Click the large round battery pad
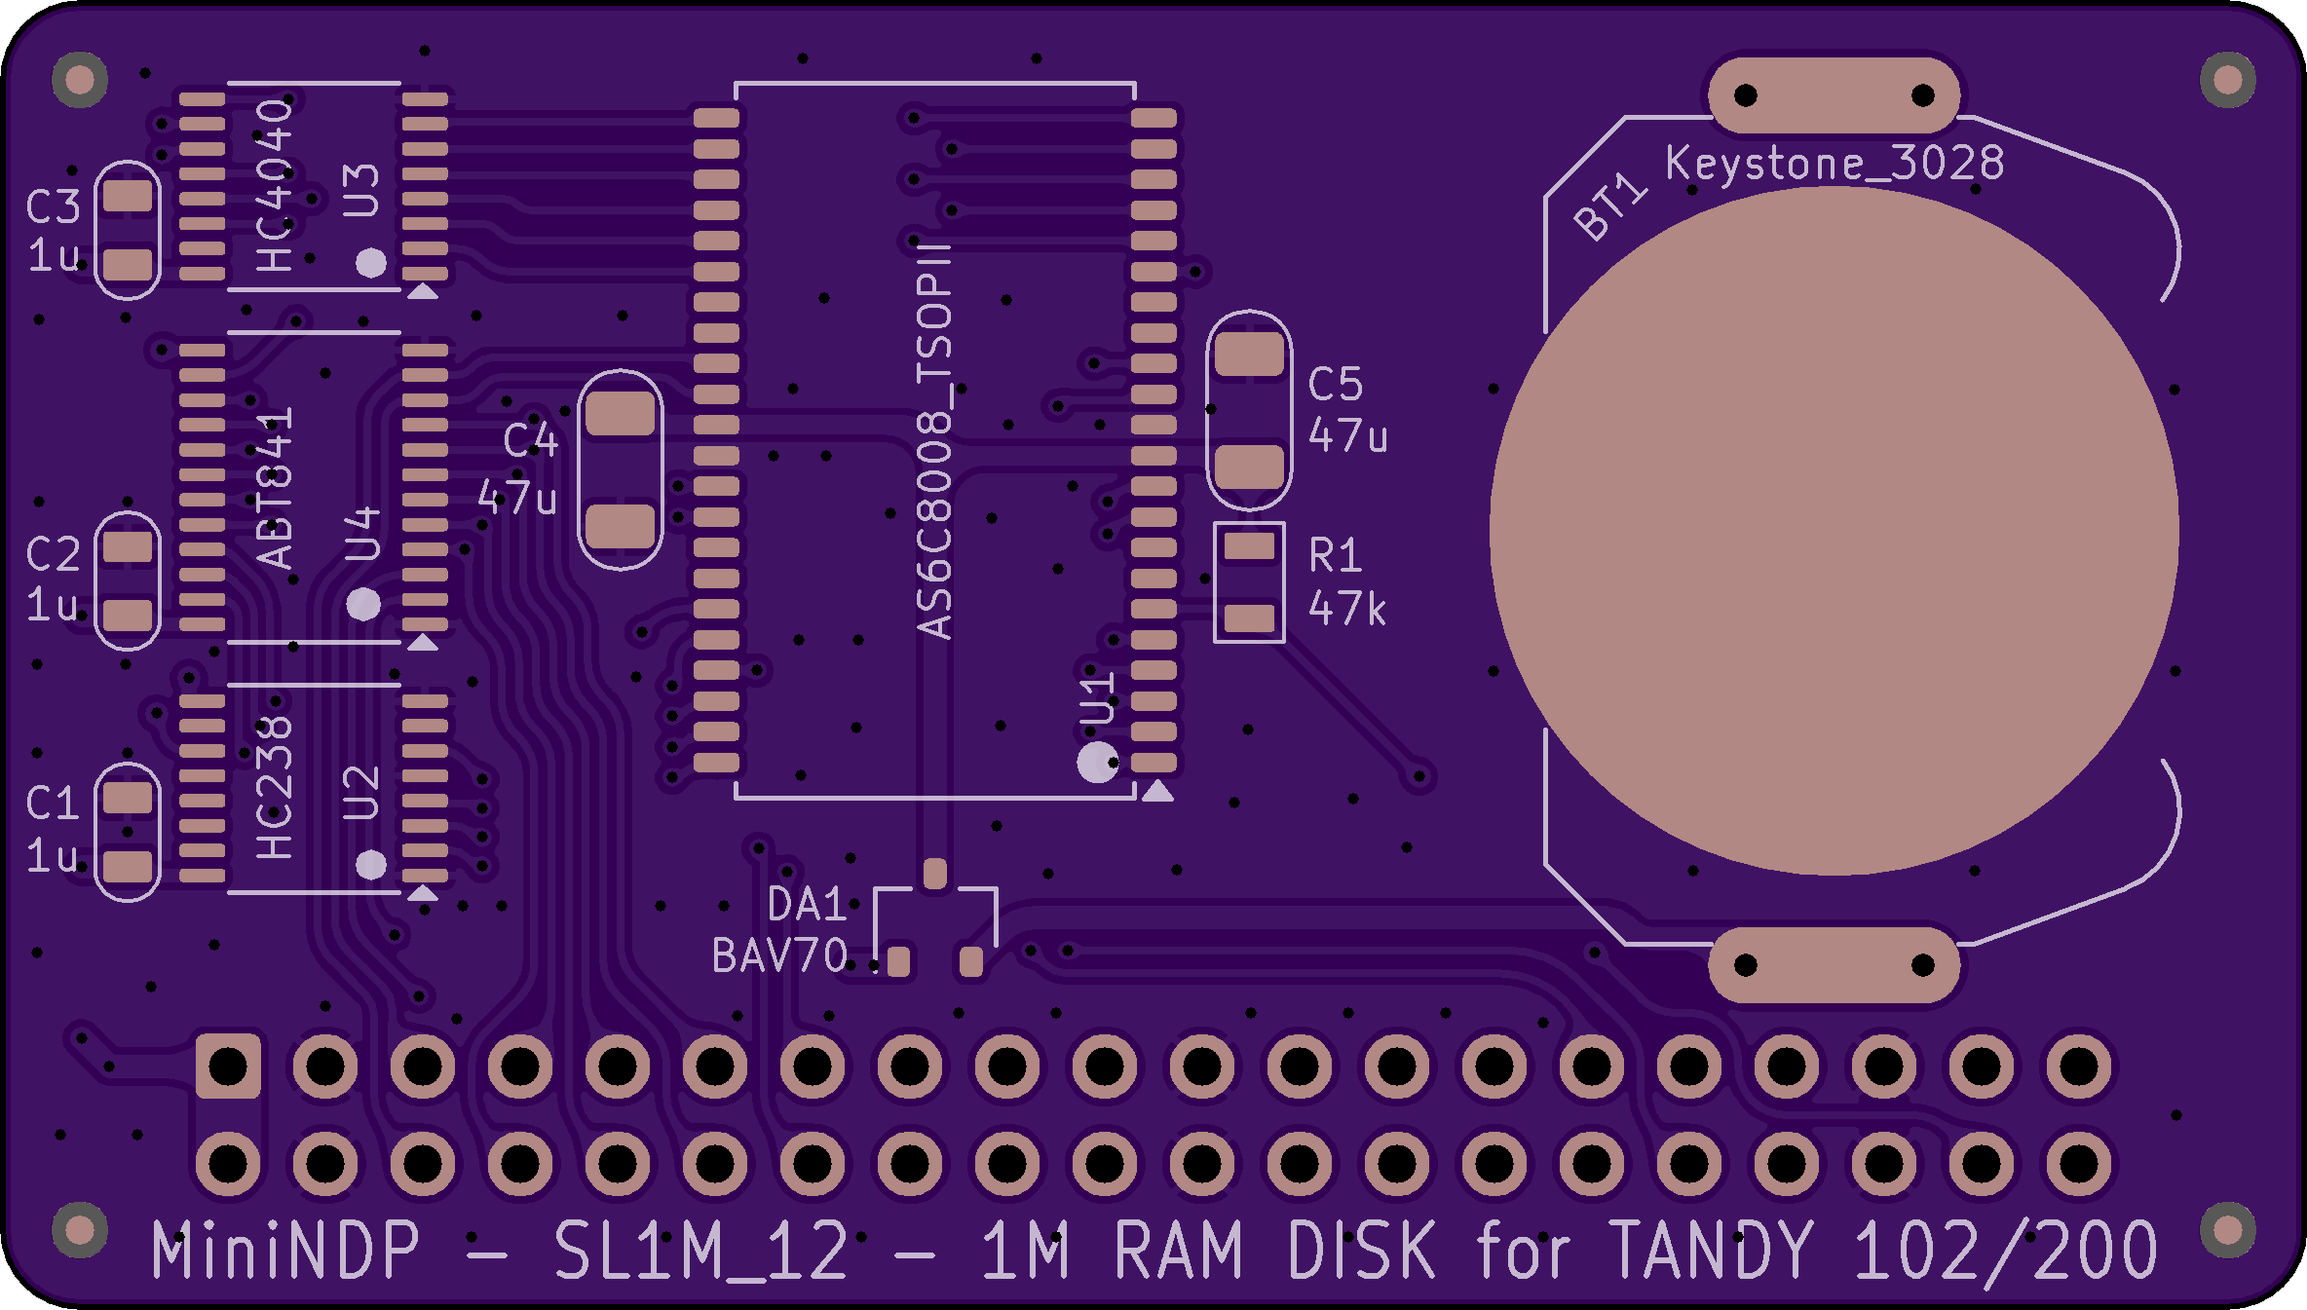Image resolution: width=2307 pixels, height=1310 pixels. click(1834, 531)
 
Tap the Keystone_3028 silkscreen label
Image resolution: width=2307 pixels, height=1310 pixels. click(1834, 163)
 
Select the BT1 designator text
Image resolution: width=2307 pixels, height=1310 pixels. click(1609, 207)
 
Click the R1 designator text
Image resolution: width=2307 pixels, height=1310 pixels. click(1335, 555)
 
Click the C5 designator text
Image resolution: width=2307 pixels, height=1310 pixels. click(1335, 384)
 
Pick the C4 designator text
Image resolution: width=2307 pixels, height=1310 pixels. click(530, 440)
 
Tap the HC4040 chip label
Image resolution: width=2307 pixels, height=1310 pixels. click(275, 185)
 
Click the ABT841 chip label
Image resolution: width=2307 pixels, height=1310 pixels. click(275, 488)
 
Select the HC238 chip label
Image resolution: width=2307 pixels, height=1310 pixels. click(275, 787)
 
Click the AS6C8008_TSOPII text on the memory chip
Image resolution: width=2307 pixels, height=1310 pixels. click(934, 440)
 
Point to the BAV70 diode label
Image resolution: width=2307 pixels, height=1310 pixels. click(779, 955)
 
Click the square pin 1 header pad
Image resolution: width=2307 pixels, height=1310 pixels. click(228, 1066)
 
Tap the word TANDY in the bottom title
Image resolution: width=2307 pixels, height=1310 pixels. click(1711, 1250)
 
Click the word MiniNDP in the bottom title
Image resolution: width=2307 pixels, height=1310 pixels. click(285, 1250)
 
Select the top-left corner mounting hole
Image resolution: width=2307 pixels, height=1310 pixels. click(80, 80)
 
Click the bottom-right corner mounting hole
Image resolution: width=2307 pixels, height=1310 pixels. click(2227, 1230)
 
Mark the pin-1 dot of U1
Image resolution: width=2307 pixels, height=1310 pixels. click(1096, 763)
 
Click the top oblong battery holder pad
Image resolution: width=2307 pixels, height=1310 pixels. click(1834, 94)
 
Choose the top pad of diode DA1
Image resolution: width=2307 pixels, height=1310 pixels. click(935, 873)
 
